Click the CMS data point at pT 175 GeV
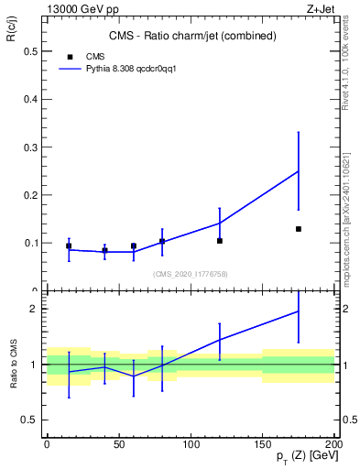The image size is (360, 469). click(299, 229)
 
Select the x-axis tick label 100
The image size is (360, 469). click(191, 443)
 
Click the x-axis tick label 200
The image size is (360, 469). click(334, 443)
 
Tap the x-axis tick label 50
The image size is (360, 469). click(119, 443)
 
